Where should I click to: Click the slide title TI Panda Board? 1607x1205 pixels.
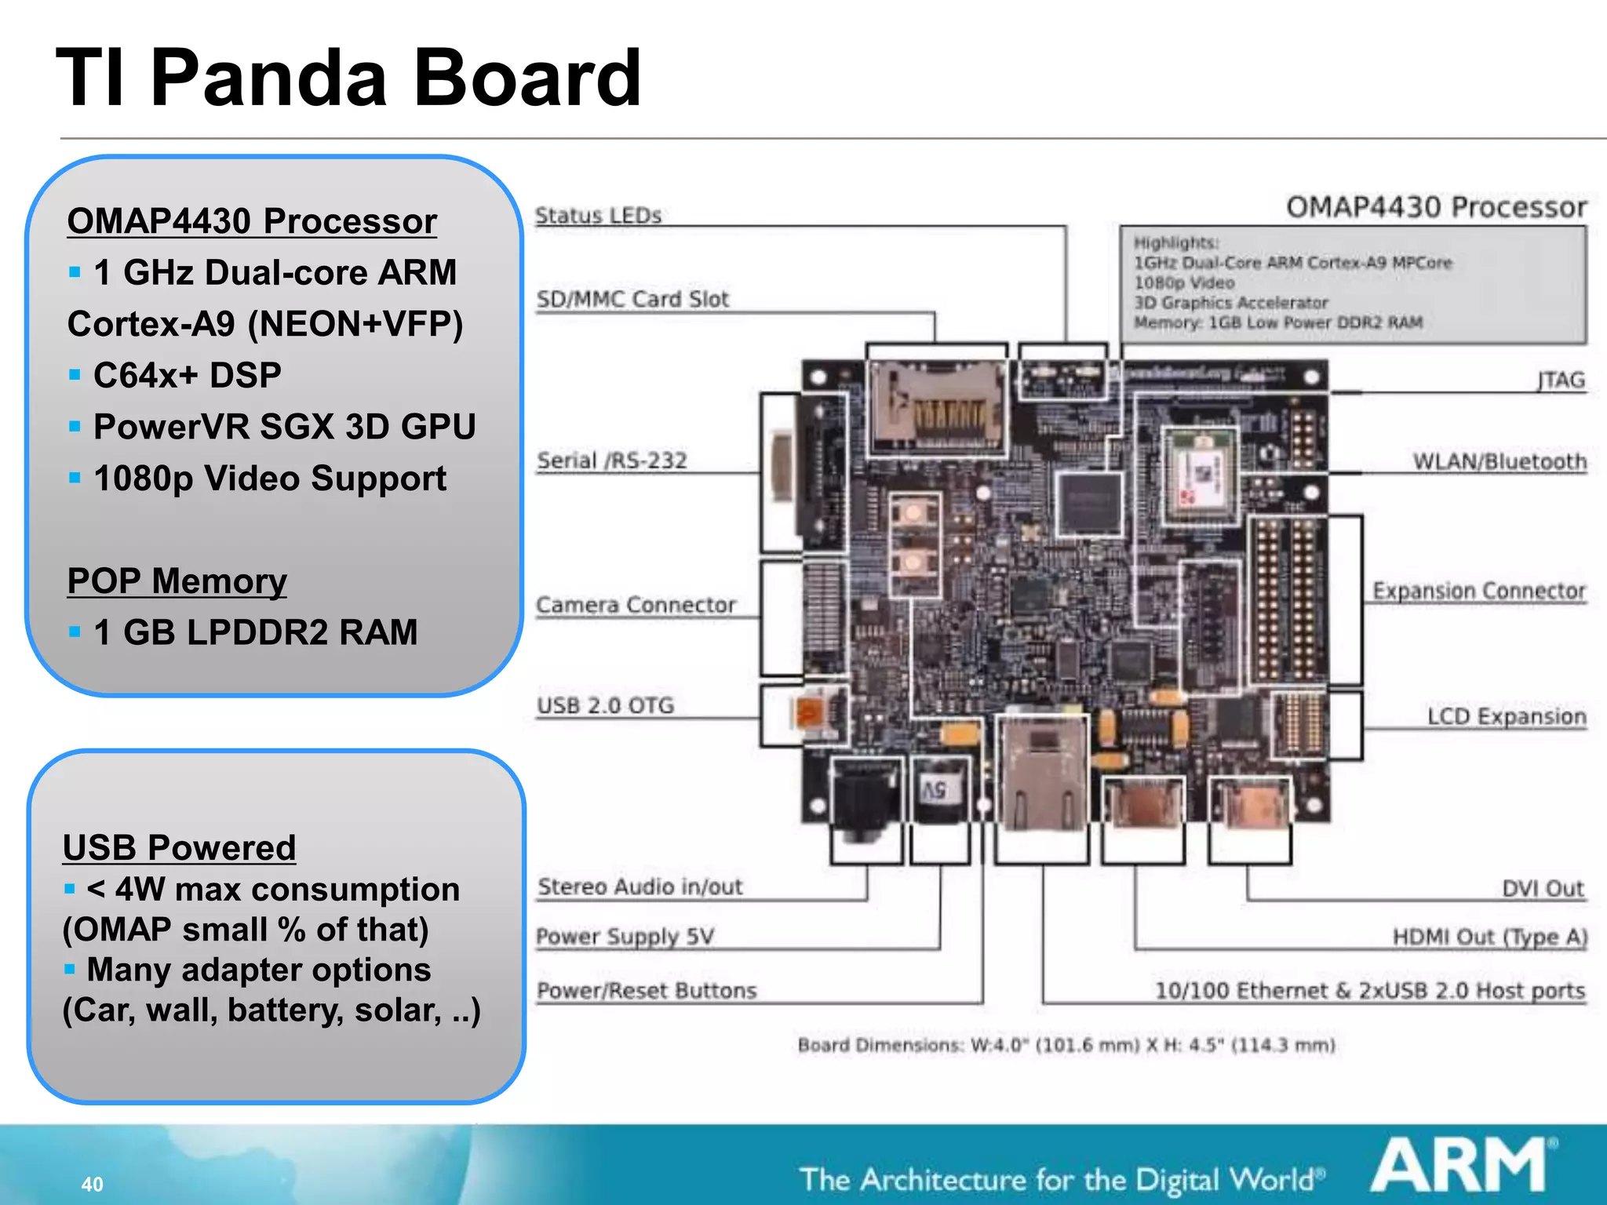[349, 78]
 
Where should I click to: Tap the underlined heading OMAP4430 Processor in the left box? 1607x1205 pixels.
[252, 221]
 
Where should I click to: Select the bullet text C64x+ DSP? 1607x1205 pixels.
[187, 375]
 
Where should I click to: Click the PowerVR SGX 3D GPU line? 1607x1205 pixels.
[284, 427]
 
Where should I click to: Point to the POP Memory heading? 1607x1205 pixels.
[177, 581]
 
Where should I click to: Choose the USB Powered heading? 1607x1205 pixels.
[179, 848]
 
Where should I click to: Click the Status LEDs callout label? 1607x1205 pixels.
[598, 216]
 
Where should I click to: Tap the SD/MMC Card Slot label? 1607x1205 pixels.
[632, 300]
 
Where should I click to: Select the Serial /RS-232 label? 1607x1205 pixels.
[611, 461]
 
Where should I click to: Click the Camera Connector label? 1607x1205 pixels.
[636, 605]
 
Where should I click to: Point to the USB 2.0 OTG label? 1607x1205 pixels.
[605, 705]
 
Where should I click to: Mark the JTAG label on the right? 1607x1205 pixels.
[1561, 380]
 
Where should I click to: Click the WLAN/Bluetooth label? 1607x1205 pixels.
[1500, 461]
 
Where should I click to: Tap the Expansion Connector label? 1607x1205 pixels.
[1479, 591]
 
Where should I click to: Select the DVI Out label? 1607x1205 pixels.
[1543, 889]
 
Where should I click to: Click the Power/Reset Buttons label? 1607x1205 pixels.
[647, 991]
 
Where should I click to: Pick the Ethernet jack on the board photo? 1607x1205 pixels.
[1042, 773]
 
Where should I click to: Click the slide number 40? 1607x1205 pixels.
[92, 1184]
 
